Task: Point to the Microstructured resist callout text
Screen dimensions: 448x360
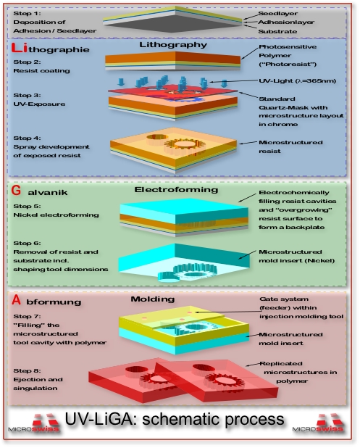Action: coord(282,144)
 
